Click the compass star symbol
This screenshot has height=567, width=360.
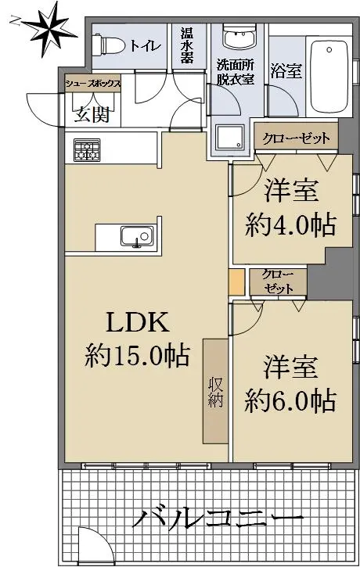pos(48,31)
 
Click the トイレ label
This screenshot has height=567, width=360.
pos(145,46)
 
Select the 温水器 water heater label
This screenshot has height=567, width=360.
pos(187,46)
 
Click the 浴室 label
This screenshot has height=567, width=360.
pos(286,70)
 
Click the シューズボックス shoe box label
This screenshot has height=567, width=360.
pos(92,84)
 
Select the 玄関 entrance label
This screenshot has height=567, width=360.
pos(92,115)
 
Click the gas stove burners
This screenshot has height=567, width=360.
pos(87,150)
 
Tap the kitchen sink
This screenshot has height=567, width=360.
pos(137,236)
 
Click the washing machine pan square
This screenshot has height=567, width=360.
pos(230,138)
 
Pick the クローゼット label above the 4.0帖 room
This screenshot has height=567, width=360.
pos(297,138)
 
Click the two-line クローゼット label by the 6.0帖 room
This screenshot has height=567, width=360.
pos(279,282)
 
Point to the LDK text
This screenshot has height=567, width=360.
pos(138,322)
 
